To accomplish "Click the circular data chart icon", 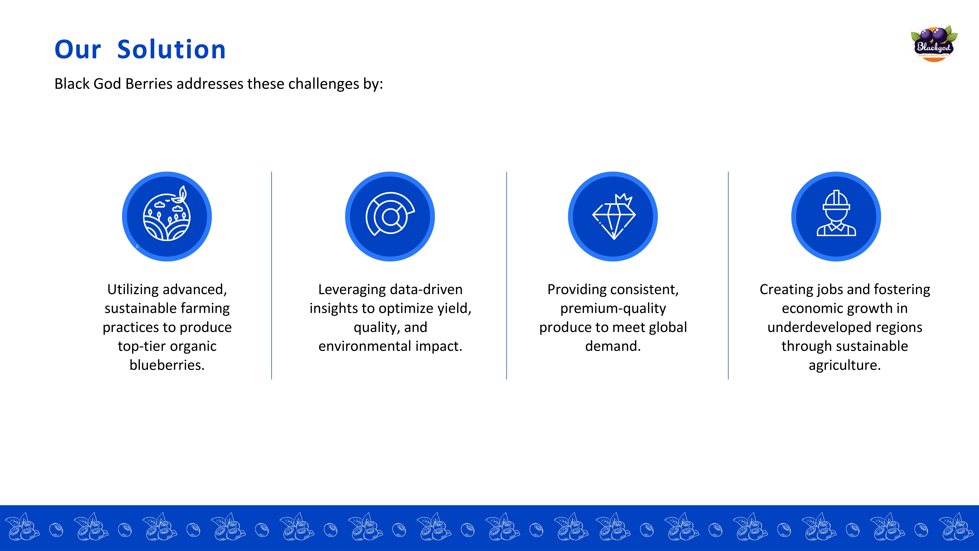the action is (x=390, y=216).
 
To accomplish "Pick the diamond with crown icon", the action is (x=613, y=216).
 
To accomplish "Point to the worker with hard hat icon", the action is (x=836, y=216).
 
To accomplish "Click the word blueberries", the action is (x=167, y=365).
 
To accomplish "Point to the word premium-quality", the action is (x=613, y=308).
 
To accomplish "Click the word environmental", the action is (x=365, y=346).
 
